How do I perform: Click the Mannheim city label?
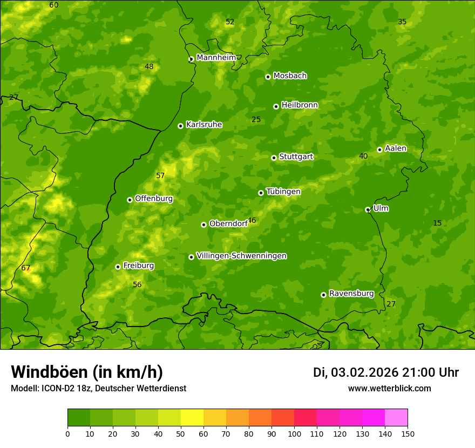tap(216, 58)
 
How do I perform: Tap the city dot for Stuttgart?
tap(274, 158)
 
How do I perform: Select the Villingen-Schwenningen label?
tap(241, 256)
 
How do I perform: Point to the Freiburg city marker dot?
tap(118, 267)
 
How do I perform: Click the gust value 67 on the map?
tap(26, 268)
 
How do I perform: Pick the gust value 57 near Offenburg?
tap(160, 176)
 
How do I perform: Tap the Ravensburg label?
tap(351, 294)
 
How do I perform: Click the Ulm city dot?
tap(368, 209)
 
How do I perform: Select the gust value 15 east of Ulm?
tap(437, 223)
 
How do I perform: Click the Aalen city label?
tap(396, 148)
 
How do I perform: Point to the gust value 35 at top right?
tap(402, 22)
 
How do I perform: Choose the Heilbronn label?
tap(300, 105)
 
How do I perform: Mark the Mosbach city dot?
tap(268, 77)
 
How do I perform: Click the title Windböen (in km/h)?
tap(86, 372)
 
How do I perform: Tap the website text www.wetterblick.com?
tap(389, 389)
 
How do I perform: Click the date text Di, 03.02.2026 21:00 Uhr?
tap(386, 372)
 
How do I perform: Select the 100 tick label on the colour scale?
tap(294, 433)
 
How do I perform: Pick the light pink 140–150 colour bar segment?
tap(396, 418)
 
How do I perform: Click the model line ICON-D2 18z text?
tap(98, 389)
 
